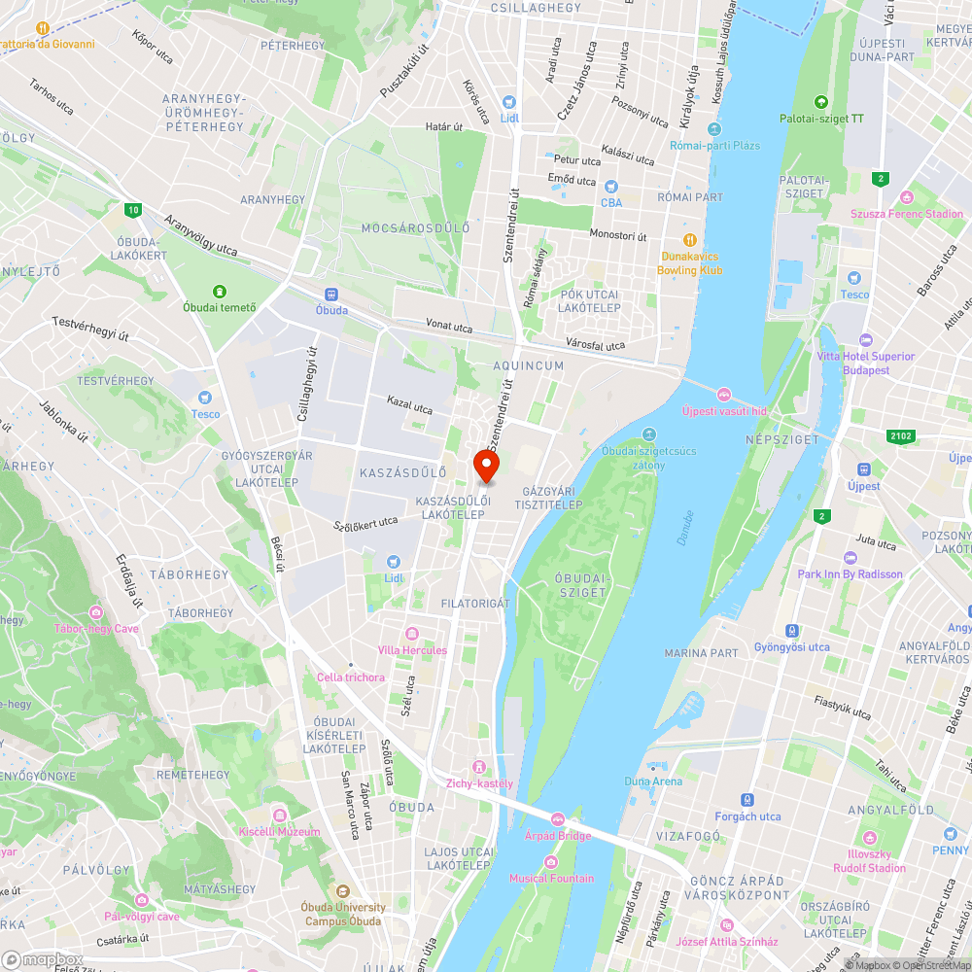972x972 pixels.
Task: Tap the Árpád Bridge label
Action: tap(558, 836)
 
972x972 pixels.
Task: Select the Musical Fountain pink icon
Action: tap(551, 862)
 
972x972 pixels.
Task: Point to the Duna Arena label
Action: tap(653, 781)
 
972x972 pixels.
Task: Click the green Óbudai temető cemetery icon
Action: tap(221, 291)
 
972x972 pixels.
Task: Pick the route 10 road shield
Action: tap(133, 209)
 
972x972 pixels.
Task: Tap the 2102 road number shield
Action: tap(900, 436)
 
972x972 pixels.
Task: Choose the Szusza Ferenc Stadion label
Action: tap(906, 214)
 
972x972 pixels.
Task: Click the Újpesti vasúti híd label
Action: tap(724, 411)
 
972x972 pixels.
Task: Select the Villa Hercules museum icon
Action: tap(412, 634)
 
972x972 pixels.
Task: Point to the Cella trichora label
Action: tap(351, 677)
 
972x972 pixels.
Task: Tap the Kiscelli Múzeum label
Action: tap(279, 832)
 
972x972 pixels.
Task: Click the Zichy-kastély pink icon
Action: tap(479, 767)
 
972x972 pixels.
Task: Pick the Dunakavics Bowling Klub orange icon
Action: tap(689, 239)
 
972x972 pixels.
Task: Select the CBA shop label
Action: tap(611, 203)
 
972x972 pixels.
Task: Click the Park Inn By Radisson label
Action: tap(850, 574)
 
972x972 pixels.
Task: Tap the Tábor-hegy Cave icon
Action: tap(96, 611)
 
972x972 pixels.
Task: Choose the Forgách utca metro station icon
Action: tap(747, 800)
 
